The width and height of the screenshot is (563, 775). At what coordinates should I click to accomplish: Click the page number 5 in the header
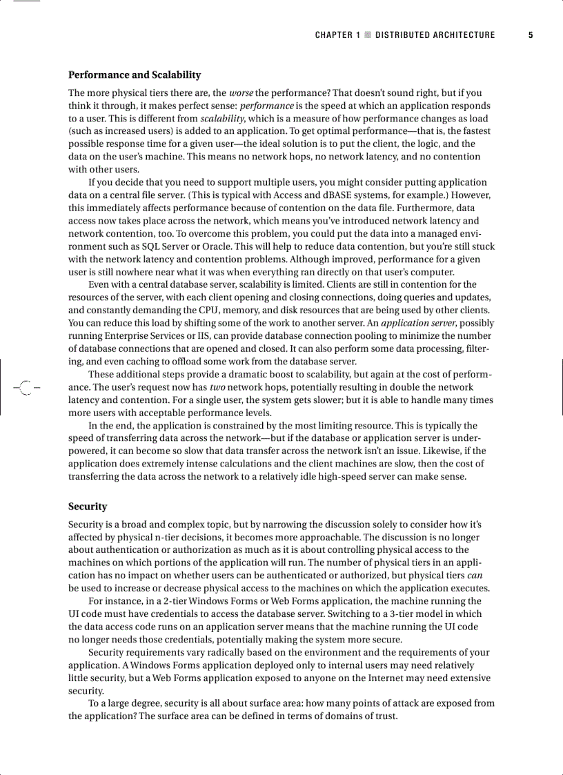[531, 35]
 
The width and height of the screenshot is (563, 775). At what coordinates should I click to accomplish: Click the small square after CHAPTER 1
[368, 35]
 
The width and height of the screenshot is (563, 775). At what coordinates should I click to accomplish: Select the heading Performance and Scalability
[135, 75]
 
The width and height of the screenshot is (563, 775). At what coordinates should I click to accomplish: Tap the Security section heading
[88, 507]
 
